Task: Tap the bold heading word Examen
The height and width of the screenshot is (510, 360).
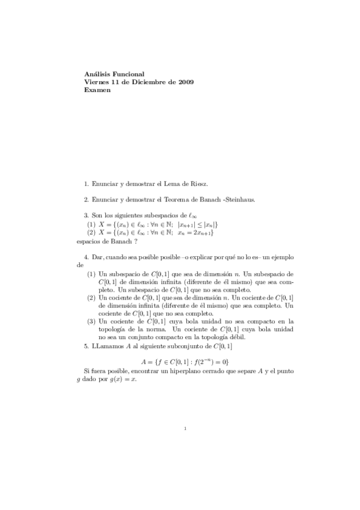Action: [99, 90]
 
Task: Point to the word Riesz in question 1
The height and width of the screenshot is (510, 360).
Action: [198, 183]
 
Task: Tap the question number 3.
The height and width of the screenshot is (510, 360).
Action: [87, 215]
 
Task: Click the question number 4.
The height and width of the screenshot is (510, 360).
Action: [87, 256]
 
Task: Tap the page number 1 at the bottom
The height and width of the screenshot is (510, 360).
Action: [186, 429]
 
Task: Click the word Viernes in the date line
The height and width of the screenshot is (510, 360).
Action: [98, 82]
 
